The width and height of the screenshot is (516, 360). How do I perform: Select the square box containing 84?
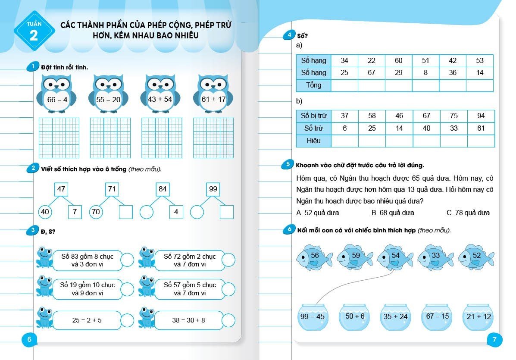point(163,189)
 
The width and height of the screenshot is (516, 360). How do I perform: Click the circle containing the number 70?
point(96,212)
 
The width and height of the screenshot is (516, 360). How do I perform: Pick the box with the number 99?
point(213,189)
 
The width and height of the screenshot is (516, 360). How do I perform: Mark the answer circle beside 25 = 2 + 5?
point(128,320)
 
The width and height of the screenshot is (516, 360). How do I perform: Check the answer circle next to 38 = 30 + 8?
point(228,320)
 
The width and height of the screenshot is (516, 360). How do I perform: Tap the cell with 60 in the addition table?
point(398,61)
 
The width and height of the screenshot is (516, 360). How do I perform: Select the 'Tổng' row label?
point(314,85)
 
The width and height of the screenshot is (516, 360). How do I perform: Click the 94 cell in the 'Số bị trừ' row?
point(481,116)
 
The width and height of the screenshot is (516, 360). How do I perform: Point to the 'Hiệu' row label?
point(314,141)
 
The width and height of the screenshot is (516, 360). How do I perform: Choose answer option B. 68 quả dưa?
point(392,213)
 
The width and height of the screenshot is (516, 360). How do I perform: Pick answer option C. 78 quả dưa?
point(468,213)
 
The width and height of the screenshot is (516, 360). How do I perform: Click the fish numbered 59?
point(355,257)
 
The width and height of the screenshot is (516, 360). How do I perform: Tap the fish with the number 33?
point(435,257)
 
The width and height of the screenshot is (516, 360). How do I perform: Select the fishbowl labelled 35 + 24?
point(395,317)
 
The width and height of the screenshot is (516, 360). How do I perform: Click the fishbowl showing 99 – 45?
point(313,317)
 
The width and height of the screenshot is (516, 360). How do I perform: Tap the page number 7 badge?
point(494,340)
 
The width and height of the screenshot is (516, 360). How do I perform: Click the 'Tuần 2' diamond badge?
point(34,31)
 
